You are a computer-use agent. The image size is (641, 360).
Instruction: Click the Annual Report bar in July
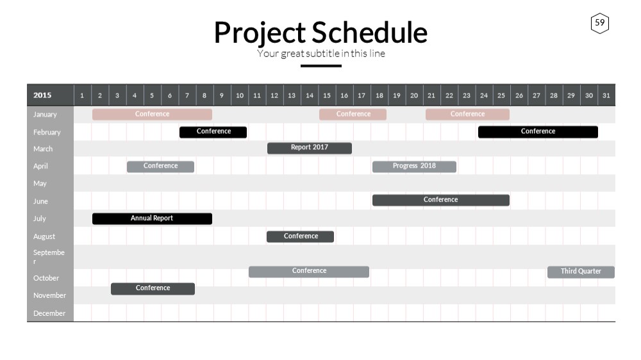[152, 218]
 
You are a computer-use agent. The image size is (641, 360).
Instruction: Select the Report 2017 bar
[310, 148]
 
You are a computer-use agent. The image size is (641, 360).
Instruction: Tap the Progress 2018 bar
[414, 167]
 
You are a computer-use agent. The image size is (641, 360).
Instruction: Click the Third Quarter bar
[581, 272]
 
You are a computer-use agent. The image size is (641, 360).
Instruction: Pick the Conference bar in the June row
[441, 200]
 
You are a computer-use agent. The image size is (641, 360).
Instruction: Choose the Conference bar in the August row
[300, 236]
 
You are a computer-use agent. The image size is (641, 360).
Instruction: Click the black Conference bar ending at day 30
[538, 132]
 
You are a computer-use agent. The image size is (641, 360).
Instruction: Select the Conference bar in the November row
[153, 288]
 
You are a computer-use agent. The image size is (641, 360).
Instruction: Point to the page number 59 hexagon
[600, 23]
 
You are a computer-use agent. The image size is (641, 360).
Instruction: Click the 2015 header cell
[50, 95]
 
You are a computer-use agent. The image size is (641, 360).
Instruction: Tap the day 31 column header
[606, 95]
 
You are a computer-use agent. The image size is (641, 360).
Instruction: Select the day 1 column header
[82, 95]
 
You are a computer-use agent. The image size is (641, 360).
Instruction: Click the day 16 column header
[344, 95]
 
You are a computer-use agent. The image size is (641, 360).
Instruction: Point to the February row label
[47, 133]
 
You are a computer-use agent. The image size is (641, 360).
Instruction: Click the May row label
[40, 183]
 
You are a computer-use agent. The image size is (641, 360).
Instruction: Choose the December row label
[49, 313]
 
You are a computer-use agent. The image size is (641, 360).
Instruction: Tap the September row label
[49, 256]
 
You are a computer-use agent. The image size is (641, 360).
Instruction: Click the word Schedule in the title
[370, 33]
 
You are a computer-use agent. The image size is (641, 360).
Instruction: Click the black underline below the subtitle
[321, 66]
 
